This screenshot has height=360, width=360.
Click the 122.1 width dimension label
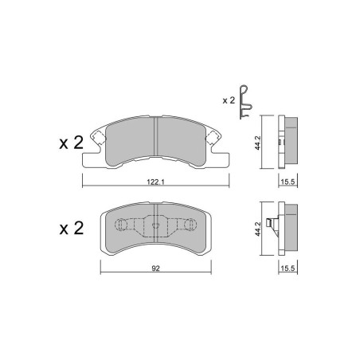156,182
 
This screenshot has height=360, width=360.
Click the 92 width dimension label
156,268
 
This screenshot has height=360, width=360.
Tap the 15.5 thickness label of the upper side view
288,182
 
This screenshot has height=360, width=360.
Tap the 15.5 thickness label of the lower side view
288,268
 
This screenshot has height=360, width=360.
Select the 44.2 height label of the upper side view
258,143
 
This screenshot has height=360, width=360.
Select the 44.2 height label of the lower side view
258,229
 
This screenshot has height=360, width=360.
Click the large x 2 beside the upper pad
72,143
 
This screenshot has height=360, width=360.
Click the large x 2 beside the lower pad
72,229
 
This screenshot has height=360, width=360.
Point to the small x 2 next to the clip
229,100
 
